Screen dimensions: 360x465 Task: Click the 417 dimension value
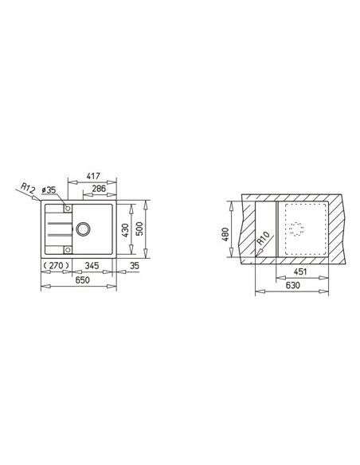pyautogui.click(x=93, y=176)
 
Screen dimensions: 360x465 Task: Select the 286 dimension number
pyautogui.click(x=99, y=189)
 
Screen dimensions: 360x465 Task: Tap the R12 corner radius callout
pyautogui.click(x=28, y=188)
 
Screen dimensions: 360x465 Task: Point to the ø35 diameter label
pyautogui.click(x=49, y=190)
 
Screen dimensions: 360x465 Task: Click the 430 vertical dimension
pyautogui.click(x=125, y=230)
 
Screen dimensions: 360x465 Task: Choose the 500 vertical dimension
pyautogui.click(x=139, y=229)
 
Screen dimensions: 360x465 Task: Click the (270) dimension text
pyautogui.click(x=57, y=265)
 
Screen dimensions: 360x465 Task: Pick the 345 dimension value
pyautogui.click(x=92, y=265)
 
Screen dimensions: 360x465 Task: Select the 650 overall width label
pyautogui.click(x=82, y=280)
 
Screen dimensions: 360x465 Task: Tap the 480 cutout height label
pyautogui.click(x=225, y=234)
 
